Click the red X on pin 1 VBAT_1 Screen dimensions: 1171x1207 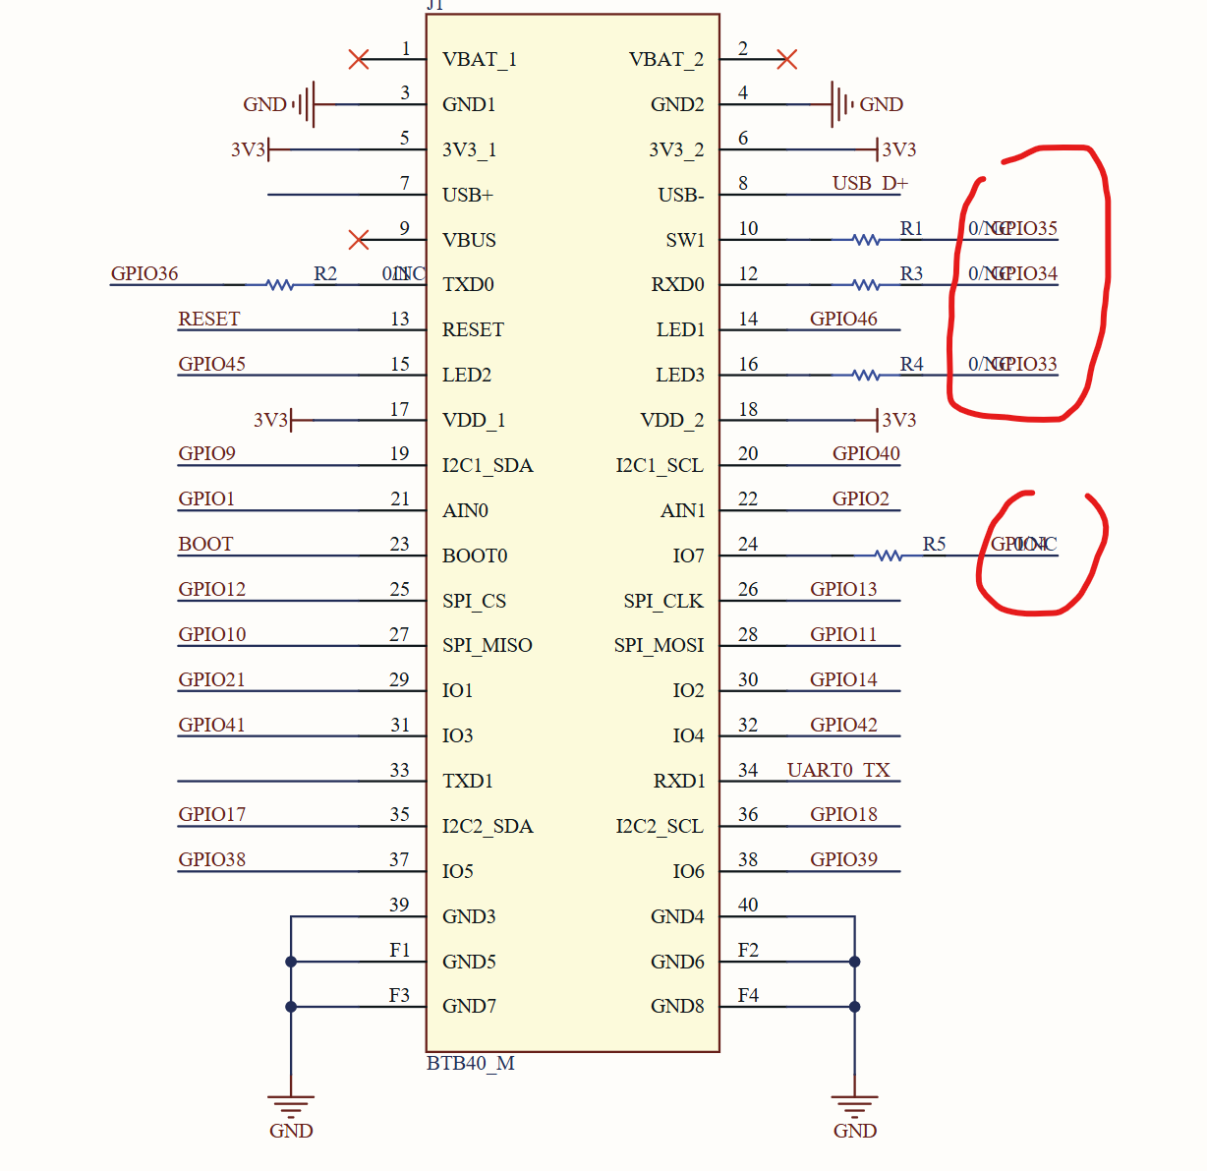click(x=359, y=60)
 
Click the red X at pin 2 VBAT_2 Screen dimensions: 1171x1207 click(x=786, y=60)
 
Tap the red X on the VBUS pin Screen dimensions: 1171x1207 click(x=359, y=240)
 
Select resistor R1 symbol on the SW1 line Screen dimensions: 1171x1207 click(x=865, y=240)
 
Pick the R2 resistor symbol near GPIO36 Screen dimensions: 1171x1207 click(x=280, y=285)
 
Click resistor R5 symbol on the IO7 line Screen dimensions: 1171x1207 click(x=888, y=556)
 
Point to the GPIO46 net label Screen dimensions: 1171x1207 click(x=843, y=319)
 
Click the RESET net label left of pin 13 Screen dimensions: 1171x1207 click(x=208, y=319)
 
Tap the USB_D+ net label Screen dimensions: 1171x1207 click(x=870, y=183)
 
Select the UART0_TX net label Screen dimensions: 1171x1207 click(x=838, y=770)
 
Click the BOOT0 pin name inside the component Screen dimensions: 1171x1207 click(x=475, y=556)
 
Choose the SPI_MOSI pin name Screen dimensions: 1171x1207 click(x=659, y=645)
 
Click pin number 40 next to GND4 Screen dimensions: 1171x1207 click(x=748, y=905)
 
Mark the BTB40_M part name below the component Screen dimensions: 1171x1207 click(x=470, y=1063)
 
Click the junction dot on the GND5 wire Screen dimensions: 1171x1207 click(x=291, y=962)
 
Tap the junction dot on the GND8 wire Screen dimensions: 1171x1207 click(x=855, y=1007)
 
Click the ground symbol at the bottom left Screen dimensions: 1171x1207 click(x=291, y=1106)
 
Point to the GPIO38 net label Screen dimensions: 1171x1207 click(x=211, y=859)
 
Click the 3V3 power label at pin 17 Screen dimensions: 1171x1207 click(x=271, y=420)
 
